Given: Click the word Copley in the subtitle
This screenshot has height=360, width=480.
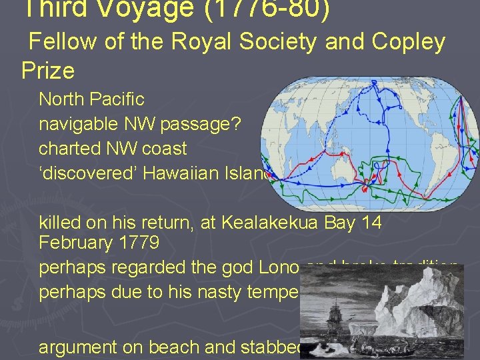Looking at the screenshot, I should [407, 42].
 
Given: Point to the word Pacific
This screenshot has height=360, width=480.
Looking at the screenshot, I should [119, 99].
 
